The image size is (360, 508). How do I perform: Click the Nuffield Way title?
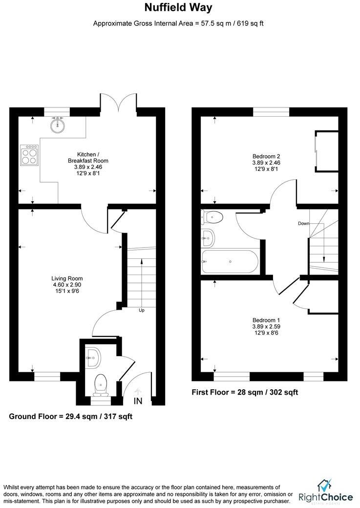tap(178, 8)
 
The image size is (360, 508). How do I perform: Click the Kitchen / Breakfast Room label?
tap(88, 161)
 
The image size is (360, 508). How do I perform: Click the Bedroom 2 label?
tap(266, 163)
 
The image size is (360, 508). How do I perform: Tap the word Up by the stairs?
tap(141, 310)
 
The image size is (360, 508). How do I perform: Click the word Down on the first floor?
tap(304, 224)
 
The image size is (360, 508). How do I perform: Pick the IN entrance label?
tap(138, 401)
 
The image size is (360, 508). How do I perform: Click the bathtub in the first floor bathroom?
tap(230, 261)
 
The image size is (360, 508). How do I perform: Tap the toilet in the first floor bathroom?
tap(213, 216)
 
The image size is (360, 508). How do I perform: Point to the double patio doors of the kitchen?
tap(119, 101)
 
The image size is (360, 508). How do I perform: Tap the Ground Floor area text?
tap(71, 417)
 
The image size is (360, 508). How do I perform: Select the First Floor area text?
tap(245, 392)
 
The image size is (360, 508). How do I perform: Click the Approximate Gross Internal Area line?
tap(178, 23)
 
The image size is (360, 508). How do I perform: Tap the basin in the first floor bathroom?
tap(208, 239)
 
